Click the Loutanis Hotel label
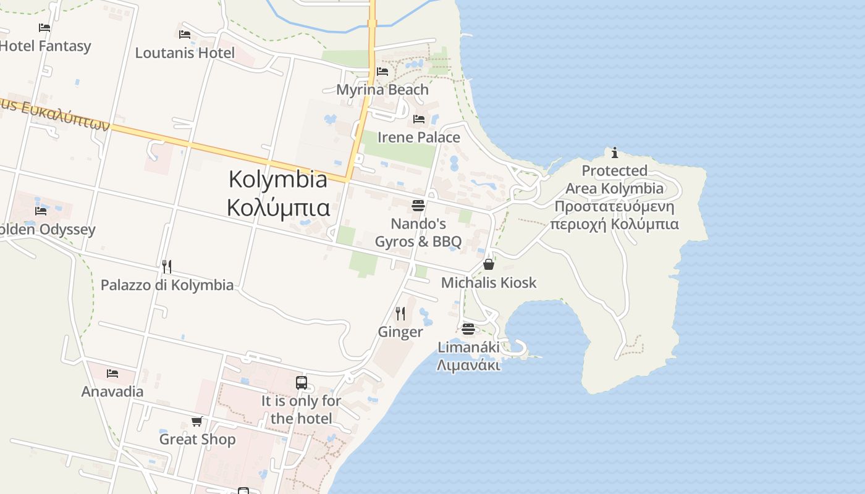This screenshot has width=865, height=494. tap(185, 52)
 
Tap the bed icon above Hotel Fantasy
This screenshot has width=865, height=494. tap(44, 28)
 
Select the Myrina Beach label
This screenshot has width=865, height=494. tap(382, 90)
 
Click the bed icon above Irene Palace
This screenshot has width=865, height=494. tap(419, 119)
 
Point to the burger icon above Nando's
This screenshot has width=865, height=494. tap(418, 205)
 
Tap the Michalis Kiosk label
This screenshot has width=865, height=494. tap(488, 282)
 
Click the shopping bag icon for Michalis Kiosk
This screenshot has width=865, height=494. tap(488, 264)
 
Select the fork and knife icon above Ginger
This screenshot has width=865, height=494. tap(400, 314)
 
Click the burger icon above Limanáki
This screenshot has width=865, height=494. tap(468, 329)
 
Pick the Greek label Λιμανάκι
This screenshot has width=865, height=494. tap(468, 365)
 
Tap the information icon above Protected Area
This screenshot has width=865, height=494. tap(614, 153)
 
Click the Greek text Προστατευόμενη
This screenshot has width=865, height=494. tap(614, 206)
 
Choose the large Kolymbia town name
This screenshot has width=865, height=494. tap(278, 179)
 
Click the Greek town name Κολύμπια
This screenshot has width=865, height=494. tap(278, 207)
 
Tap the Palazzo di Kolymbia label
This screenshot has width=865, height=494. tap(167, 285)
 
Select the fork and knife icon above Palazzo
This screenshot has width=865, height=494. tap(166, 267)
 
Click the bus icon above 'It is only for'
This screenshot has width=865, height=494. tap(301, 383)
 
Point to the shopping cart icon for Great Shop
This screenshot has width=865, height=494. tap(196, 421)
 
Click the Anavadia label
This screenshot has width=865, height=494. tap(112, 391)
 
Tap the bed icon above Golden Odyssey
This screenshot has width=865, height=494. tap(41, 211)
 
